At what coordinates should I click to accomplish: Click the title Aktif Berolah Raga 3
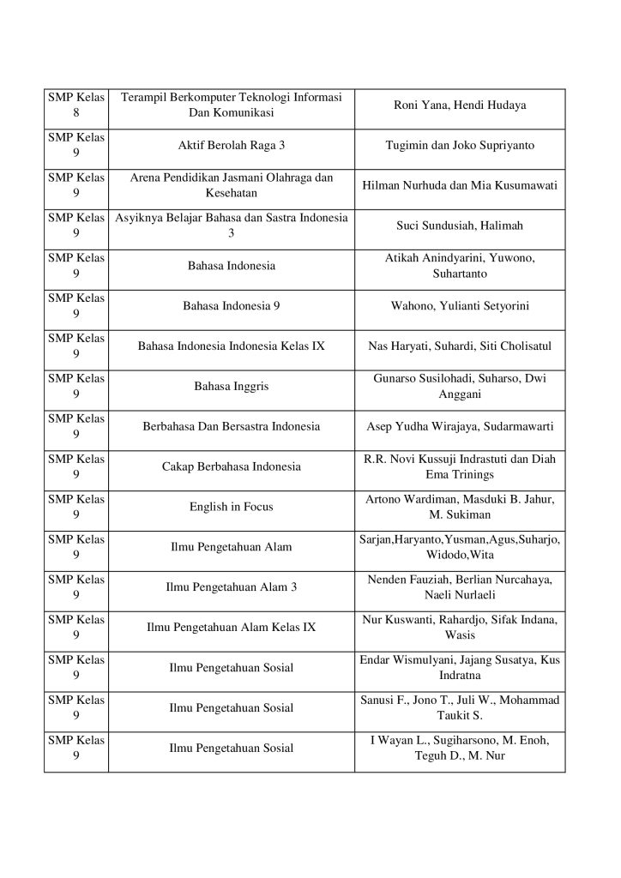(232, 146)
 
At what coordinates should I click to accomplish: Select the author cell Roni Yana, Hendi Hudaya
(459, 105)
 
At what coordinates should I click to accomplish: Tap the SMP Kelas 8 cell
(76, 105)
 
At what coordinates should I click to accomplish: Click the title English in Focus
(232, 507)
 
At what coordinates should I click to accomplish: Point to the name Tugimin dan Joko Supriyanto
(459, 146)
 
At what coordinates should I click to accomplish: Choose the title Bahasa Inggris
(232, 387)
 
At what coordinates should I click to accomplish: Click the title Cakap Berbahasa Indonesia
(232, 466)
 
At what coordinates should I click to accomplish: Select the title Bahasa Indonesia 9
(232, 306)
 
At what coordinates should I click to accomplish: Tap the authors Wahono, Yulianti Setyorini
(459, 306)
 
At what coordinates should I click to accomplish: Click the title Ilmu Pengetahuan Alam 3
(232, 587)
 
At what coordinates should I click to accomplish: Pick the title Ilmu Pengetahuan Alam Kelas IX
(232, 628)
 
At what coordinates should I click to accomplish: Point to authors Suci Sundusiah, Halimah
(459, 226)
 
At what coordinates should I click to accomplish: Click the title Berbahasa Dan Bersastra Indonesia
(232, 426)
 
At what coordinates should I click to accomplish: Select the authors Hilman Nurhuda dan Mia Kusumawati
(459, 185)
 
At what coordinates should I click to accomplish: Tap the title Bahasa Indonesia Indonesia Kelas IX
(232, 346)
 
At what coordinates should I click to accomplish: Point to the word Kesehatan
(232, 194)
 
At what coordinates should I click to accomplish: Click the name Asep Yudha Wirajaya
(418, 426)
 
